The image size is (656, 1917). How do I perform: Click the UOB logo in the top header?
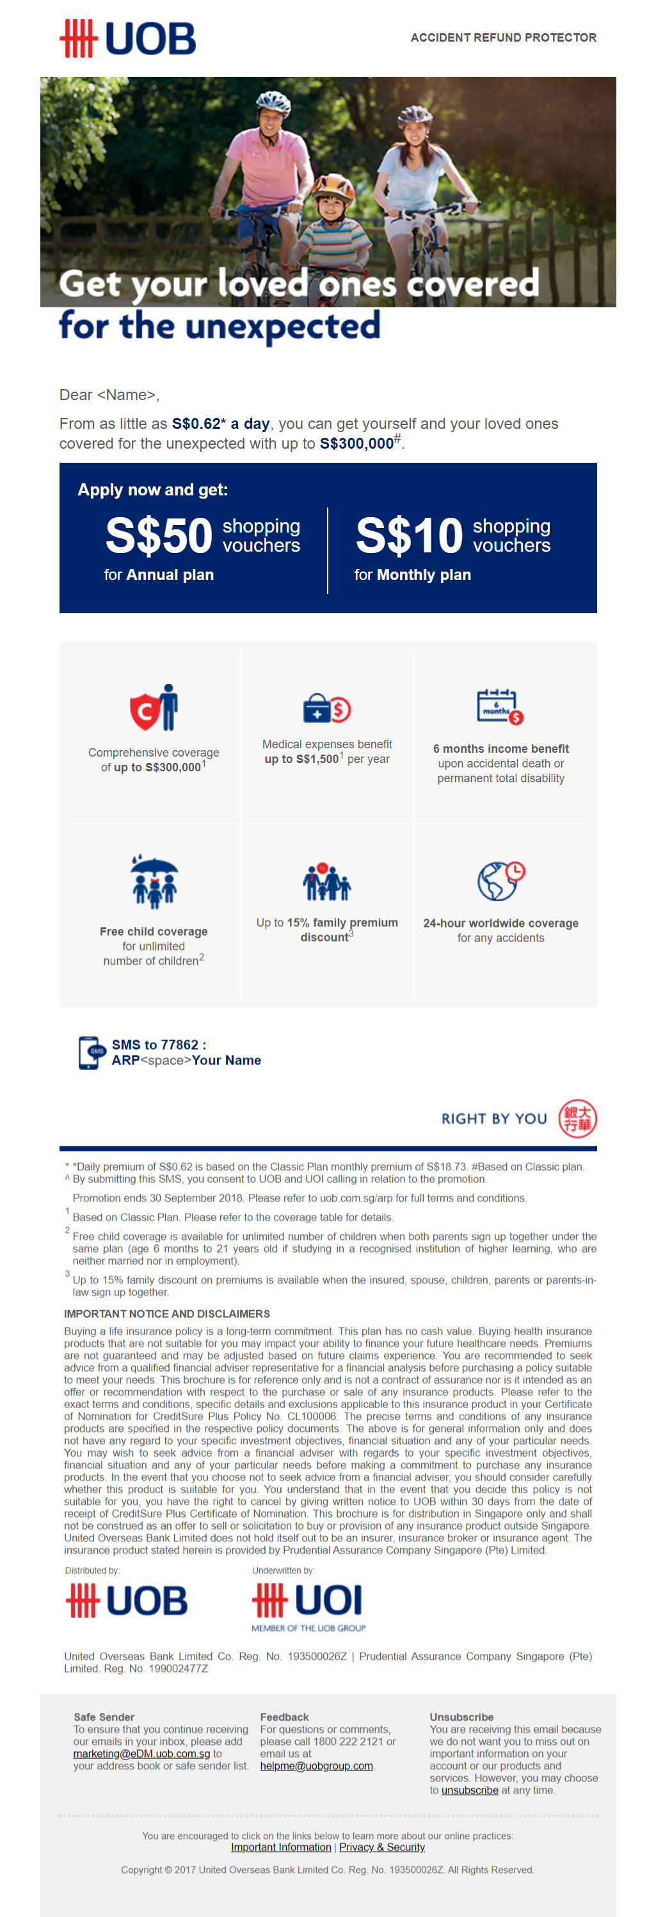(127, 38)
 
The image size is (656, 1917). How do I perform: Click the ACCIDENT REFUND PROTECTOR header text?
(503, 37)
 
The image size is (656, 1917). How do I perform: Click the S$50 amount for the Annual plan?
(159, 535)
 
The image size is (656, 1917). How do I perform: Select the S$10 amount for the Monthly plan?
(409, 535)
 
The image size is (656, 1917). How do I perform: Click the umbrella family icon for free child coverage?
(154, 881)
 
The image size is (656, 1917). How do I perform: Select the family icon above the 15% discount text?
(326, 882)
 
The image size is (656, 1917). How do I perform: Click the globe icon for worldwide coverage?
(500, 881)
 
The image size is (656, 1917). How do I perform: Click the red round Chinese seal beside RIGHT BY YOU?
(577, 1118)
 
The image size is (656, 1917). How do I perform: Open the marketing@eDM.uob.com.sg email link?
(141, 1753)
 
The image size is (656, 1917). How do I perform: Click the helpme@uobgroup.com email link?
(316, 1765)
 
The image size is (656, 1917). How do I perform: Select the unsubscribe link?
(469, 1790)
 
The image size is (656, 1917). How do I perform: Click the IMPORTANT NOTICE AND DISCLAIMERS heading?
(166, 1313)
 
